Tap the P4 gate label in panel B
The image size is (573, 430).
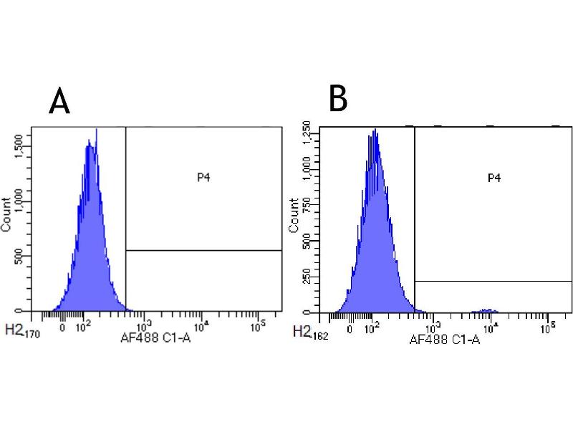pos(493,177)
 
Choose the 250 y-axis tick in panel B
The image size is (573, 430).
pos(307,277)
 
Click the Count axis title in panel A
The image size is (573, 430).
pos(6,214)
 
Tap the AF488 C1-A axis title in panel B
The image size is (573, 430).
pos(444,339)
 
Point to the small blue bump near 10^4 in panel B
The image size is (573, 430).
pos(488,310)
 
